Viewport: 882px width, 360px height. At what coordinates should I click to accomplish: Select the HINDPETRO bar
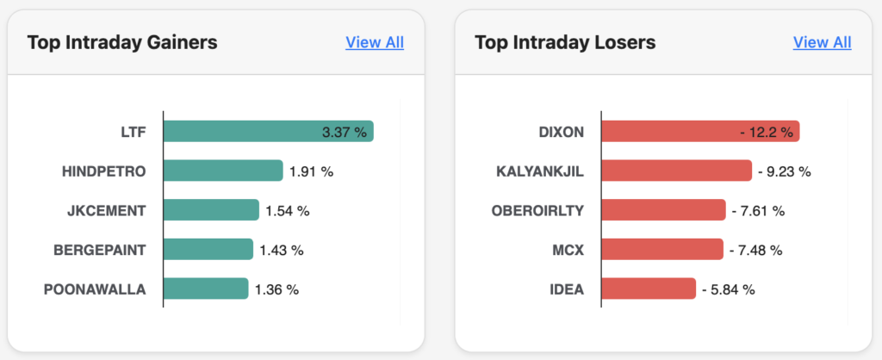coord(222,171)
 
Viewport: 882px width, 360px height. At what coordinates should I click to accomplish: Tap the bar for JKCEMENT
coord(210,210)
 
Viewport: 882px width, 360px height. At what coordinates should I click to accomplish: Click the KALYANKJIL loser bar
coord(676,171)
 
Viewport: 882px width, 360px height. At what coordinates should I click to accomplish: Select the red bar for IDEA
coord(648,289)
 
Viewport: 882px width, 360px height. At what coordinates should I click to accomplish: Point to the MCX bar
coord(661,250)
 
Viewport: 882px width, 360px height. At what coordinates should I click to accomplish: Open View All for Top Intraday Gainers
coord(375,42)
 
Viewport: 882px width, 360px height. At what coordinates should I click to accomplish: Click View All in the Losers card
coord(822,42)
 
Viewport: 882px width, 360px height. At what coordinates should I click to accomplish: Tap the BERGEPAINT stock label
coord(100,250)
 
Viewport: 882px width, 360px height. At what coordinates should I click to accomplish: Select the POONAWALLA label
coord(95,289)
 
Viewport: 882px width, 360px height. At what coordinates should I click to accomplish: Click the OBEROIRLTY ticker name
coord(539,210)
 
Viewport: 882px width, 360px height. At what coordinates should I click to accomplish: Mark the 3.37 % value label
coord(344,132)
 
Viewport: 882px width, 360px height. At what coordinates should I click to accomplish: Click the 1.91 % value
coord(311,171)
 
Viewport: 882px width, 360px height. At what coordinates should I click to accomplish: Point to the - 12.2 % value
coord(767,132)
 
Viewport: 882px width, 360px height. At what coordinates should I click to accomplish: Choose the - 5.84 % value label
coord(728,289)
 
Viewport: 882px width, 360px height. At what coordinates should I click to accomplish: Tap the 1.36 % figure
coord(276,289)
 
